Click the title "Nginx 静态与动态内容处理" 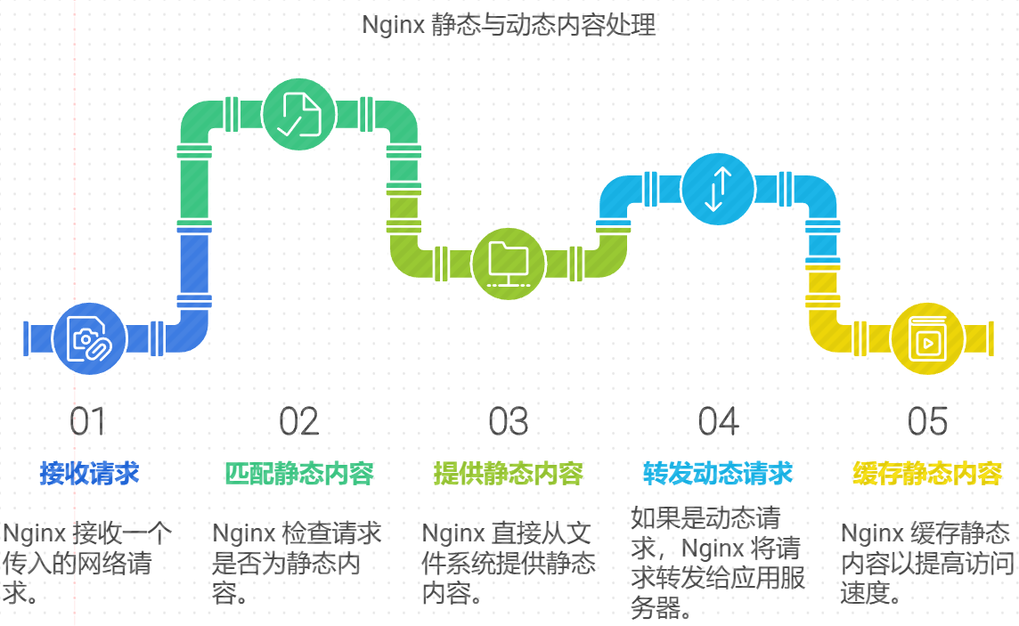509,25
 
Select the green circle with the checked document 299,114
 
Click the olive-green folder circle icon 509,263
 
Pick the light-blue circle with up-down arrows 718,189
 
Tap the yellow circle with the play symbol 927,338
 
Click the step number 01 87,422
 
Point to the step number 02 298,422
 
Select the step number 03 509,422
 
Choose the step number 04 718,422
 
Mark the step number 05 927,422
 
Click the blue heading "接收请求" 89,473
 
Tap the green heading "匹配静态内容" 298,473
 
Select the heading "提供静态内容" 509,473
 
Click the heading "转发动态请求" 718,473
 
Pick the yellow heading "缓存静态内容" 927,473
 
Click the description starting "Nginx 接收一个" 87,563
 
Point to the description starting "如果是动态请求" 718,562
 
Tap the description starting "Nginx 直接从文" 509,563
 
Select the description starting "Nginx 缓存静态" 927,563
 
